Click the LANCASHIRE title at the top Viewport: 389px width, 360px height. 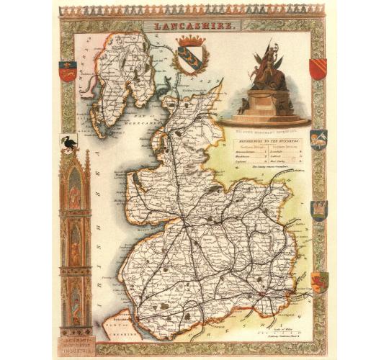(x=194, y=25)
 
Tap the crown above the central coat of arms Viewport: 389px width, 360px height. (x=191, y=40)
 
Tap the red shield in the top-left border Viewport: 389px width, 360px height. (x=67, y=71)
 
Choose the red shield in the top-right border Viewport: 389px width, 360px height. (x=317, y=69)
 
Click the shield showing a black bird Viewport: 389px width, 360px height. (x=70, y=144)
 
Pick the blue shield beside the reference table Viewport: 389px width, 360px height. (x=318, y=138)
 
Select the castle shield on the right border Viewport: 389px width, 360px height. (x=318, y=209)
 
